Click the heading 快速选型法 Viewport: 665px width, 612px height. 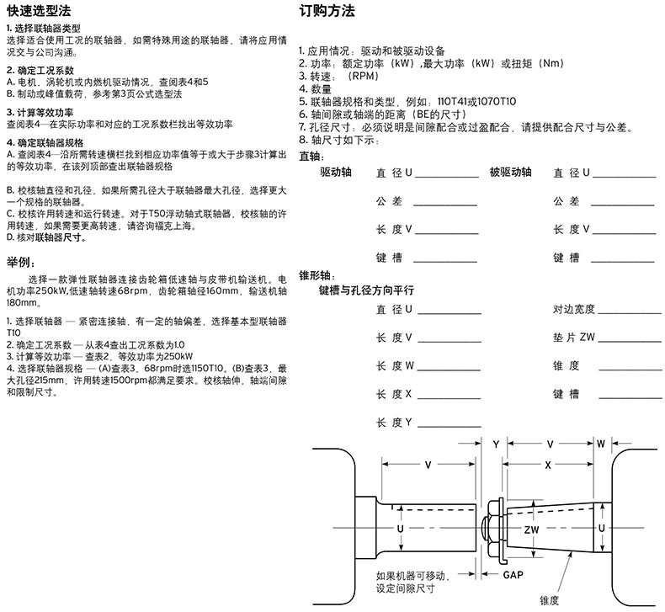[x=39, y=11]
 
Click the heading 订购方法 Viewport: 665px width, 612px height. [x=327, y=11]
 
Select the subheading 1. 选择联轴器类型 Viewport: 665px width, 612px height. [x=46, y=29]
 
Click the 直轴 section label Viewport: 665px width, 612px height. [x=310, y=157]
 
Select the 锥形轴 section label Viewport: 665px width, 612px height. [x=317, y=274]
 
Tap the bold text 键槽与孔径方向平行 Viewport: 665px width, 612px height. [x=365, y=290]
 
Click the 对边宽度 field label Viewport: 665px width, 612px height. [x=574, y=310]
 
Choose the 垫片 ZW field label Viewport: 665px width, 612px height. [x=574, y=338]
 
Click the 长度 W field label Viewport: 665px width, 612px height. [x=394, y=365]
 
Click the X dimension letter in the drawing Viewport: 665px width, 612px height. [x=547, y=464]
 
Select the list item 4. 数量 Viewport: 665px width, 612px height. [x=316, y=88]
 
